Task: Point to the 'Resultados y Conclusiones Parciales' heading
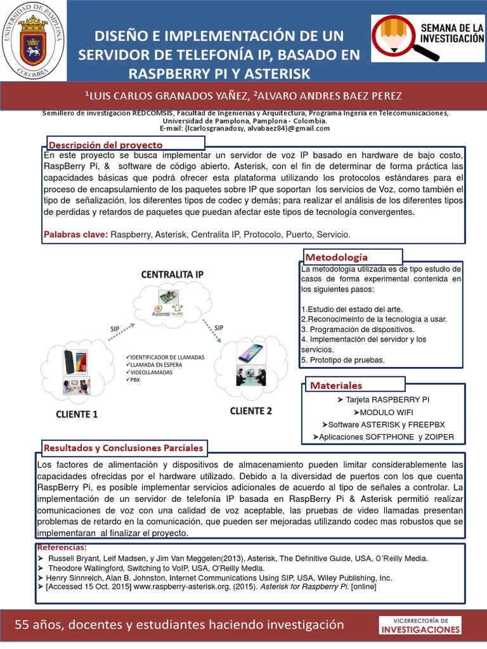click(x=123, y=448)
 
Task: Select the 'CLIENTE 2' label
click(x=250, y=410)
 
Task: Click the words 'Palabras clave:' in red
click(x=75, y=235)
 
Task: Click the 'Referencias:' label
click(x=62, y=547)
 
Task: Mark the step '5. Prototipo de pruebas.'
click(x=343, y=360)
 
